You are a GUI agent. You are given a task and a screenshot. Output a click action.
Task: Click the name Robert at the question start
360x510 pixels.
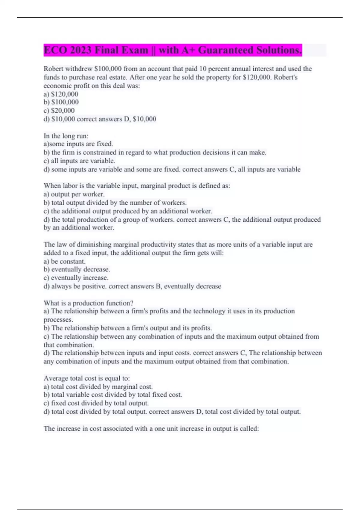click(53, 69)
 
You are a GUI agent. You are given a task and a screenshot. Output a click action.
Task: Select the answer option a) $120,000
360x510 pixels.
click(61, 94)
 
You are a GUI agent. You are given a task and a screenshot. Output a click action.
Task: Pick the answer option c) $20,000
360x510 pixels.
click(59, 110)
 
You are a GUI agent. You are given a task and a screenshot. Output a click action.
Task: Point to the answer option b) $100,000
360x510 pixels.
click(61, 102)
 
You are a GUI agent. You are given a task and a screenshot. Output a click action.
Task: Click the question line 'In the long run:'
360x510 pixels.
click(66, 136)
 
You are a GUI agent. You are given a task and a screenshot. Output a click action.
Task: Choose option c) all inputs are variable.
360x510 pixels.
click(79, 161)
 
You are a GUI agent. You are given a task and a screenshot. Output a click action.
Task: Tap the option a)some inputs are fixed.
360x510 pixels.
click(78, 144)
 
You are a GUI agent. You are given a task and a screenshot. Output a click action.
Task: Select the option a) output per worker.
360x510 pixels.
click(74, 194)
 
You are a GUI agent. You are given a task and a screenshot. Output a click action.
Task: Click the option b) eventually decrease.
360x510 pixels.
click(77, 269)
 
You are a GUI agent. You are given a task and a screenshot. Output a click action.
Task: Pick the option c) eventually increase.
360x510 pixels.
click(76, 278)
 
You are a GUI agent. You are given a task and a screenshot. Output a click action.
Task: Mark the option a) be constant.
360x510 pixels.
click(64, 261)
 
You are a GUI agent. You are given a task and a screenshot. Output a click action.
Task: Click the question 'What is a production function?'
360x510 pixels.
click(88, 303)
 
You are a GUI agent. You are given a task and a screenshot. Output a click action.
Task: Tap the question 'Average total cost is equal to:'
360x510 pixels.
click(87, 378)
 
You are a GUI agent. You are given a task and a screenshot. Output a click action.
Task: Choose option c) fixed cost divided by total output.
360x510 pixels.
click(96, 403)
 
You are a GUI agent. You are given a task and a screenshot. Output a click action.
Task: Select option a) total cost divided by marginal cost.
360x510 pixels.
click(98, 387)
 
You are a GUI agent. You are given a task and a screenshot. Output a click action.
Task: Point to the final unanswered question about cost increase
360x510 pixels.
click(151, 428)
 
